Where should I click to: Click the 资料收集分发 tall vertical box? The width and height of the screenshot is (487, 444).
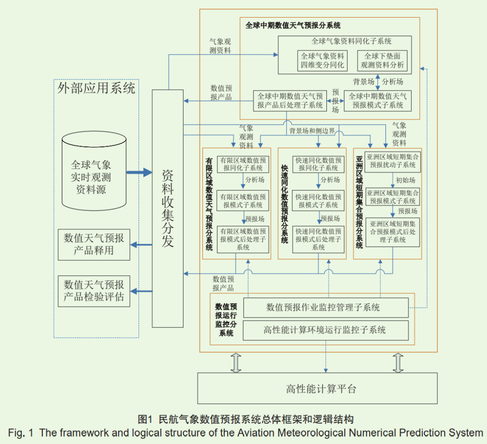[x=168, y=208]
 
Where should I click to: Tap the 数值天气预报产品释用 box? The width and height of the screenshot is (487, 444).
[x=94, y=244]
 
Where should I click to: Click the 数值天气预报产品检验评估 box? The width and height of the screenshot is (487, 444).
[x=94, y=291]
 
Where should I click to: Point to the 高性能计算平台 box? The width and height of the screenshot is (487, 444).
[x=317, y=388]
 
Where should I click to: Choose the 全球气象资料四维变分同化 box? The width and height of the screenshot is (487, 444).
[x=322, y=61]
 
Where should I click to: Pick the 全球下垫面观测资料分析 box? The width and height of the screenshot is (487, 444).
[x=382, y=61]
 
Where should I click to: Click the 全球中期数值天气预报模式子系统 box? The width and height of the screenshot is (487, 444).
[x=377, y=101]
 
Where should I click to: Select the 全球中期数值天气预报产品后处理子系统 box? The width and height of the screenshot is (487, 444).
[x=290, y=101]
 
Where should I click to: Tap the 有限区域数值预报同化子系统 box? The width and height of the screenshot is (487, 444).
[x=243, y=164]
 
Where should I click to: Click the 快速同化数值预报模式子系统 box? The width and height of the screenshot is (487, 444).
[x=318, y=201]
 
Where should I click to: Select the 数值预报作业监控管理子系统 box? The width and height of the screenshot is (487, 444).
[x=326, y=307]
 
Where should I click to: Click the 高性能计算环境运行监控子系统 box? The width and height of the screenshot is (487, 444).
[x=326, y=330]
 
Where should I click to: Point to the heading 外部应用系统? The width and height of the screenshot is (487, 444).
[x=96, y=88]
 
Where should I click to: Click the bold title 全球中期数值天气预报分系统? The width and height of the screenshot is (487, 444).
[x=293, y=25]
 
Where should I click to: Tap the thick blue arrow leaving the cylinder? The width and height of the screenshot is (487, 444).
[x=139, y=173]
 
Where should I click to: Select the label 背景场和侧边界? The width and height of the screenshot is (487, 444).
[x=312, y=131]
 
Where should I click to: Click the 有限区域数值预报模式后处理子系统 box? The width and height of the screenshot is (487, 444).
[x=243, y=239]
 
